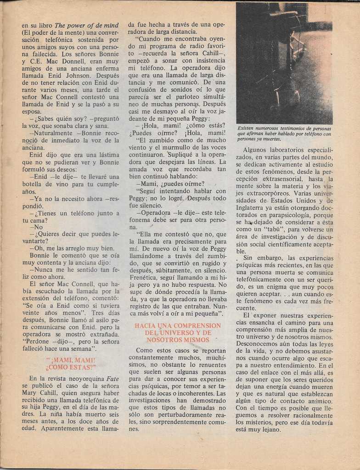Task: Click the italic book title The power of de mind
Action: coord(86,25)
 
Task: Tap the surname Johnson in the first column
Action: coord(79,75)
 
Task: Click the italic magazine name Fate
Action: coord(112,379)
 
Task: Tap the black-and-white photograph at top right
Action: coord(284,63)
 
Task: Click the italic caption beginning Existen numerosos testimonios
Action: coord(284,134)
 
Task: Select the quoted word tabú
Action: coord(273,229)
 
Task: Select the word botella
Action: coord(33,184)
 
